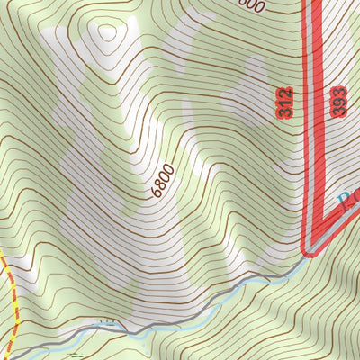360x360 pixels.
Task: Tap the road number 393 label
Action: point(337,101)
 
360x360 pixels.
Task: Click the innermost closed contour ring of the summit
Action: point(108,33)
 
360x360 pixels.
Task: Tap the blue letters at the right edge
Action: point(348,201)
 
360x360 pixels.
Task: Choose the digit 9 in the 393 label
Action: point(337,101)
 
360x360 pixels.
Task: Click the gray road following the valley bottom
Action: point(180,315)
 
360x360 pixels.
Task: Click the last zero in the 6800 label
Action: point(171,170)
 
